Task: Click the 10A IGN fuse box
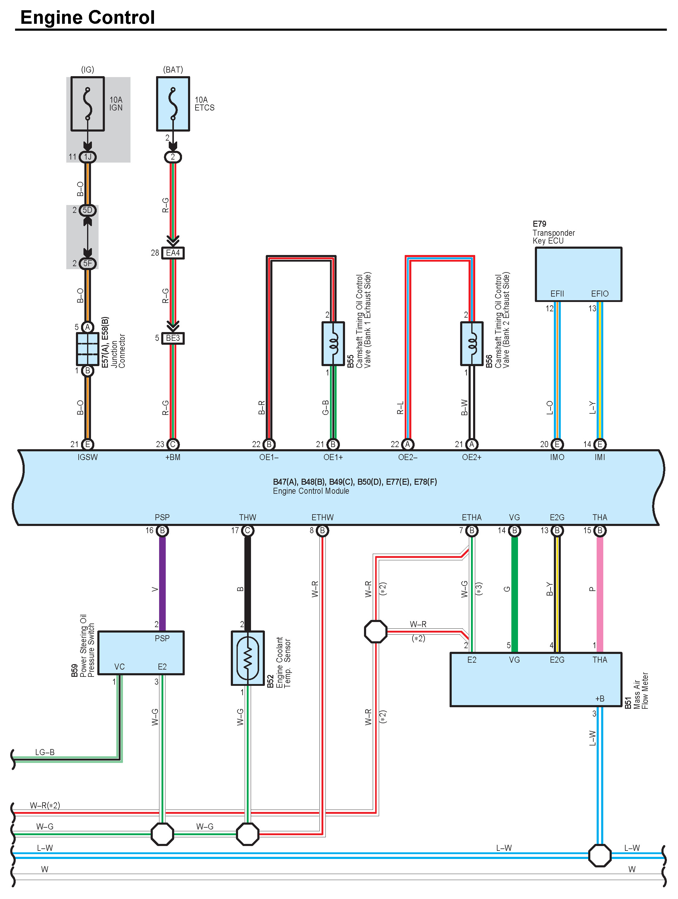click(x=87, y=104)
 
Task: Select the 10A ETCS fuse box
click(x=173, y=104)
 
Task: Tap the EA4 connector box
click(x=173, y=253)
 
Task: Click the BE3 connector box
click(x=173, y=338)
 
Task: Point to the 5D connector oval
click(x=87, y=210)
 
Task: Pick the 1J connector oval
click(x=87, y=157)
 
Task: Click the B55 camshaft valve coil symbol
click(x=333, y=344)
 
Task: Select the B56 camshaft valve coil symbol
click(x=472, y=344)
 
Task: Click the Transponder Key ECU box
click(x=578, y=274)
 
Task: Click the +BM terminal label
click(x=173, y=457)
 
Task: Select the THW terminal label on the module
click(x=248, y=517)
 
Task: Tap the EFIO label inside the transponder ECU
click(x=600, y=294)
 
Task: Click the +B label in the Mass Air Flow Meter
click(x=600, y=698)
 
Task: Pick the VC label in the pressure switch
click(x=120, y=667)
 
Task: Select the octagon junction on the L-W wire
click(x=600, y=856)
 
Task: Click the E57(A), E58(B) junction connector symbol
click(x=87, y=349)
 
